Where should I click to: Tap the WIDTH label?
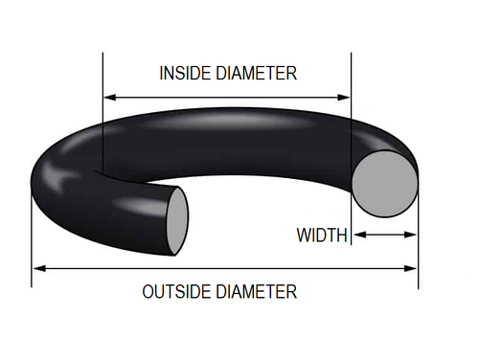[321, 235]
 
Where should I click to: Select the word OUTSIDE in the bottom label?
[175, 291]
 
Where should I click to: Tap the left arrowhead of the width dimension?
[357, 235]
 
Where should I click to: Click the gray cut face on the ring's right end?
[383, 184]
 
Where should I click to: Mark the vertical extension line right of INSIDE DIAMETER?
[352, 77]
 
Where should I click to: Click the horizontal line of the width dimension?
[384, 235]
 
